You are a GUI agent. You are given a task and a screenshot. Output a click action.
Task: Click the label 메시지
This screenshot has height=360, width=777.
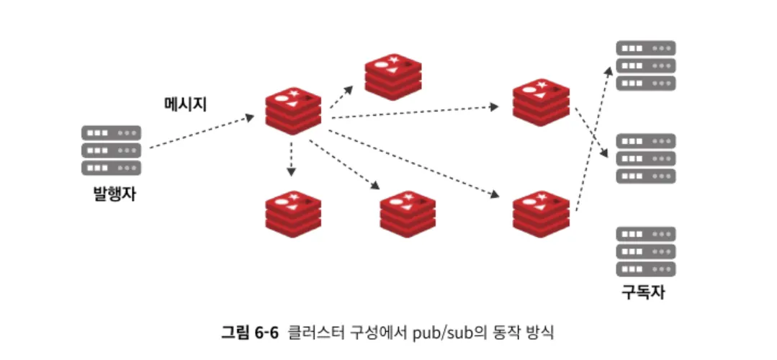[186, 104]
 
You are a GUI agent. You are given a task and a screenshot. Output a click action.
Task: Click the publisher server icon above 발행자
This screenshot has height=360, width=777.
[112, 150]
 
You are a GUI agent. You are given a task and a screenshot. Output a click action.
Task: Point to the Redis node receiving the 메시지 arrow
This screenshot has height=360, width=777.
[293, 111]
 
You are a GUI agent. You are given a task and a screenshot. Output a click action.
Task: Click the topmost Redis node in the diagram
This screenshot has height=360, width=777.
[392, 76]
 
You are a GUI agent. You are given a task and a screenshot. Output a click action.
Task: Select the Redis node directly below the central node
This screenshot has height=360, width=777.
[292, 214]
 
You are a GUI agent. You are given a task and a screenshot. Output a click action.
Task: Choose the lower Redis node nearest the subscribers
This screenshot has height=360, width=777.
[541, 214]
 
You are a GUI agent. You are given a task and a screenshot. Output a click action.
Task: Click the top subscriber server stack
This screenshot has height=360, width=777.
[646, 66]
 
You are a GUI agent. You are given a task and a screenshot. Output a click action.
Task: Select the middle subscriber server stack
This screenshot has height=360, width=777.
[646, 158]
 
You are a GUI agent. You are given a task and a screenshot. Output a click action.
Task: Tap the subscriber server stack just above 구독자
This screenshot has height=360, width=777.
[646, 251]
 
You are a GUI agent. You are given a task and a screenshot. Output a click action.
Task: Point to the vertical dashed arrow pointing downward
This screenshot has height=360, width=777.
[291, 158]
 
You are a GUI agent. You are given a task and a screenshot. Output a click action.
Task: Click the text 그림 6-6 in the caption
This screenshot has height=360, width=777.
[249, 333]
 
